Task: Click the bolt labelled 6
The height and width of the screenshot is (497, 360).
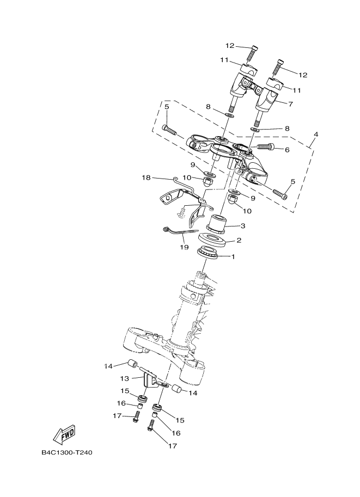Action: pyautogui.click(x=264, y=146)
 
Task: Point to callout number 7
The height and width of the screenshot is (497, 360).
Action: pyautogui.click(x=290, y=103)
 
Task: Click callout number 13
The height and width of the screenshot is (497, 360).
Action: pyautogui.click(x=124, y=378)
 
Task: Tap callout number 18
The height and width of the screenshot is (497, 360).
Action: pyautogui.click(x=146, y=177)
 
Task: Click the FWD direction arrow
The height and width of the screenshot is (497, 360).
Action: pyautogui.click(x=64, y=434)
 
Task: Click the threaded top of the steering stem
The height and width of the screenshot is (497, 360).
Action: pyautogui.click(x=203, y=278)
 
